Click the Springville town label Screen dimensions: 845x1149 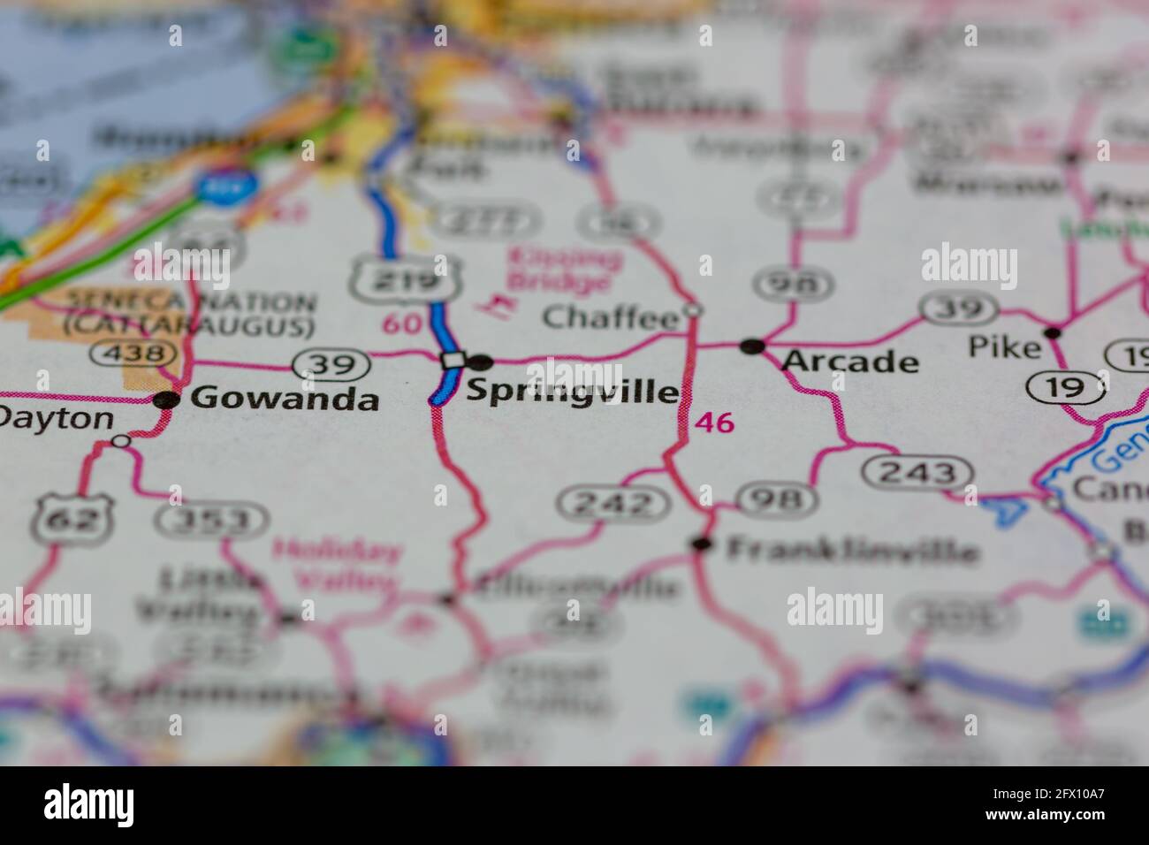(x=573, y=391)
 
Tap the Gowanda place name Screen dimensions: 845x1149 (x=285, y=399)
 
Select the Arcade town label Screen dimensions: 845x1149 (x=850, y=362)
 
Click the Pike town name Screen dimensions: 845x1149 (x=1004, y=347)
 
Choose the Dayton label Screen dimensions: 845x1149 (x=57, y=419)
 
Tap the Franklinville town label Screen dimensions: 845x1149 (x=852, y=552)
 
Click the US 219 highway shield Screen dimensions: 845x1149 (x=407, y=281)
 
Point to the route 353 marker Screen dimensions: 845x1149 (x=212, y=520)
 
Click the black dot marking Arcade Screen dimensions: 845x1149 (x=752, y=346)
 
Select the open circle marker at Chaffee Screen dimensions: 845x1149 (x=694, y=310)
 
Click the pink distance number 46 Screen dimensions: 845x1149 (x=714, y=423)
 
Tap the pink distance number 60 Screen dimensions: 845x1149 (x=401, y=324)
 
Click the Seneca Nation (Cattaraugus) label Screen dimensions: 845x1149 (x=189, y=314)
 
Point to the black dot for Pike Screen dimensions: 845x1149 (x=1052, y=333)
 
